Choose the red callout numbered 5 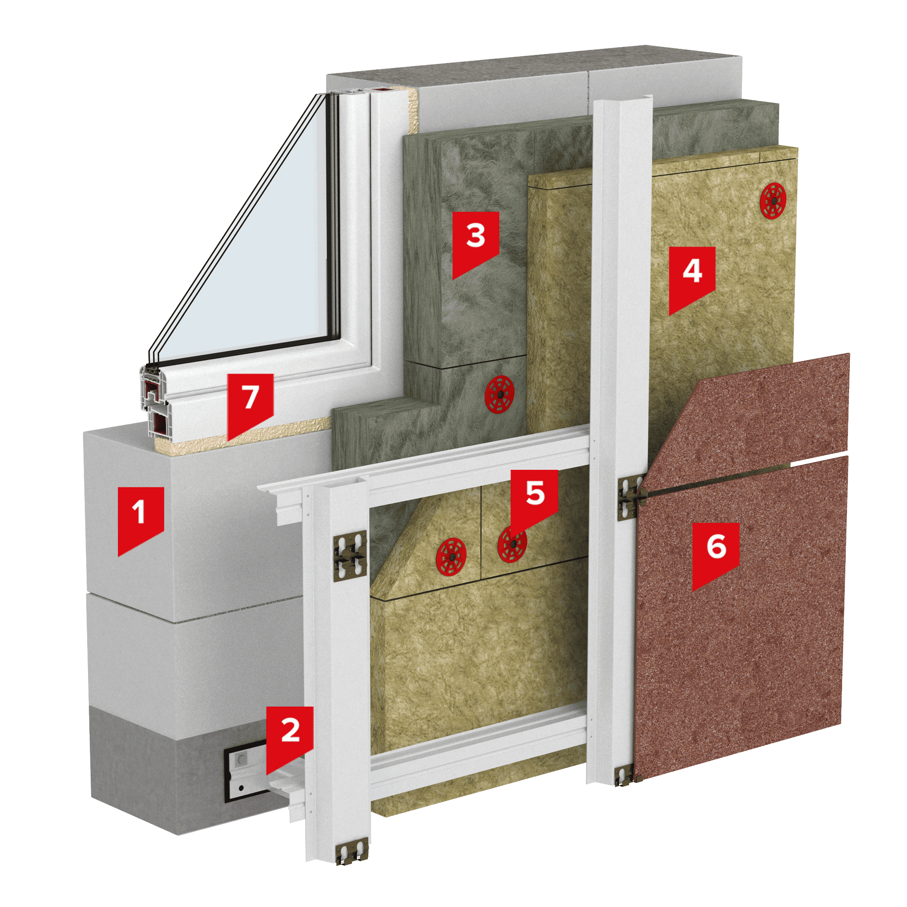coord(534,498)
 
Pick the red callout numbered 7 coord(250,402)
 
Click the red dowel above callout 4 coord(773,200)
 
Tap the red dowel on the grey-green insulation coord(499,395)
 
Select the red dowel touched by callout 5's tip coord(512,544)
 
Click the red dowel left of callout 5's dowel coord(451,557)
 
